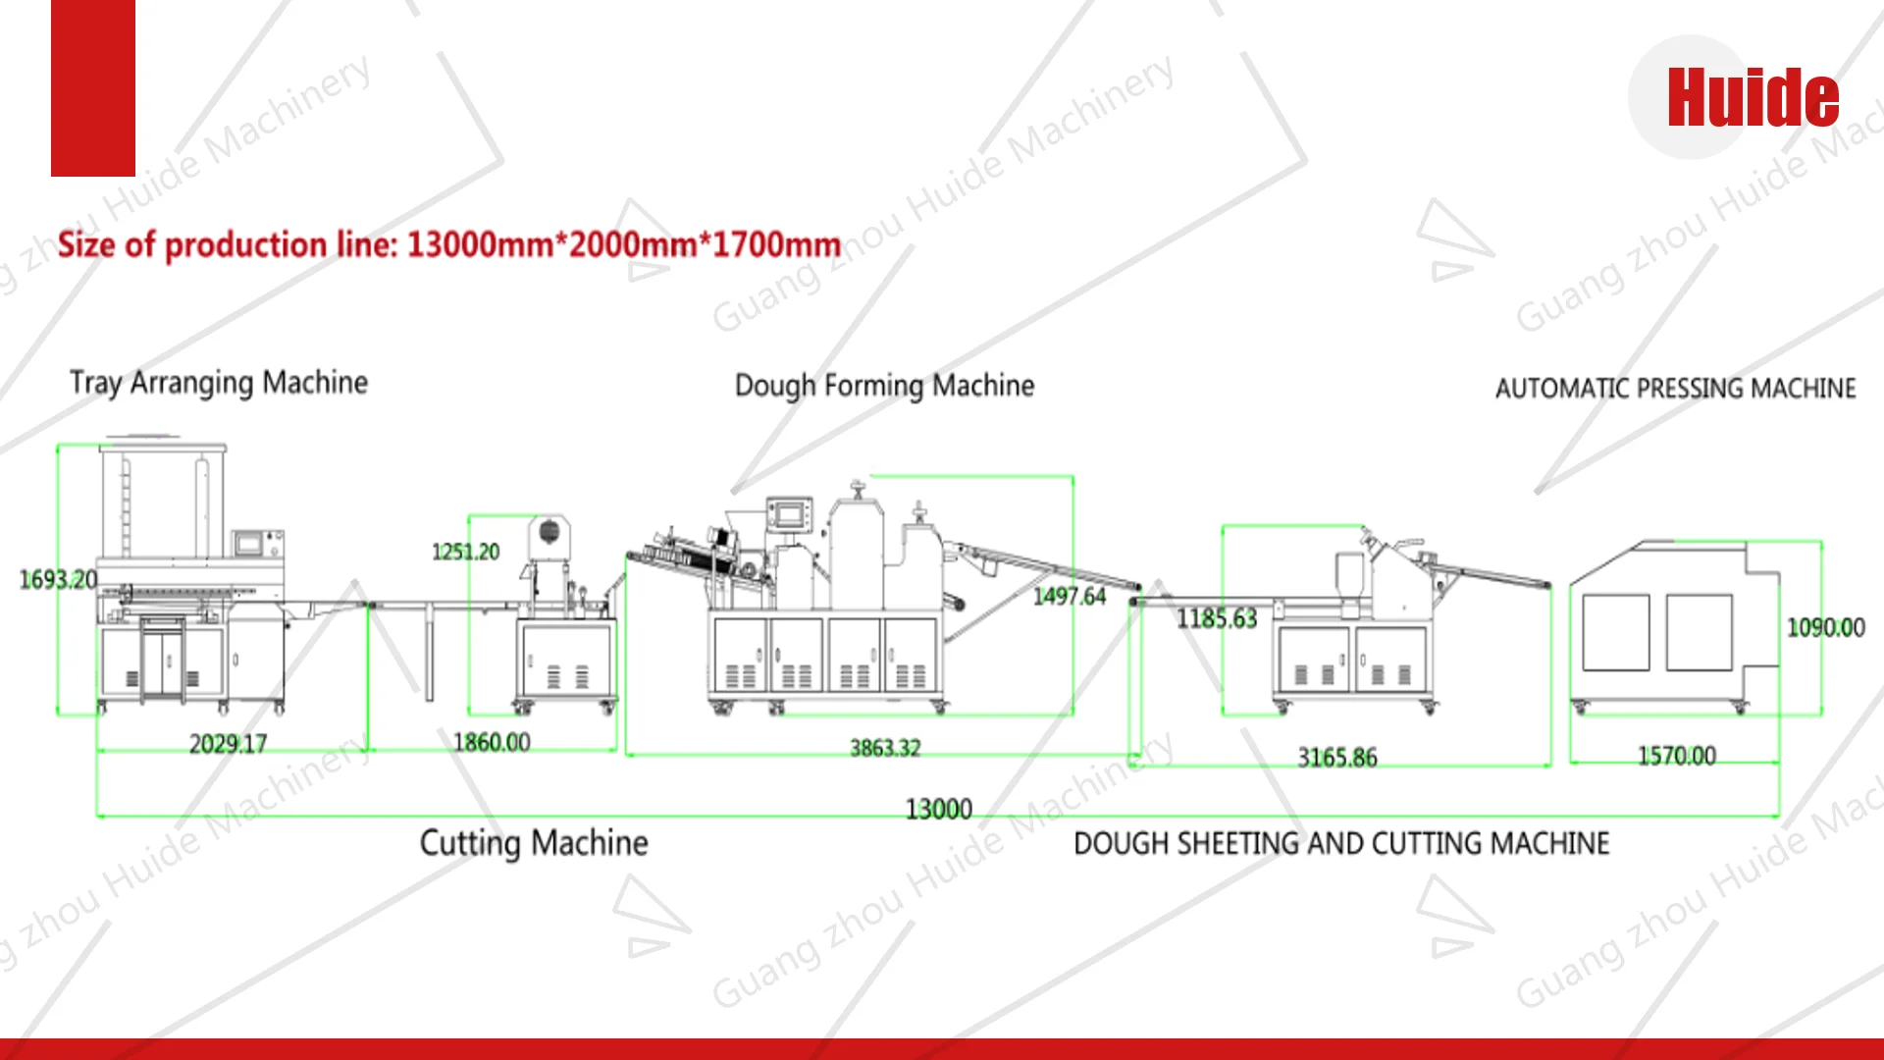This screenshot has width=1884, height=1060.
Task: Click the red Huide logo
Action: click(1753, 97)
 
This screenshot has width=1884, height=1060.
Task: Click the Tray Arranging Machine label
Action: click(219, 383)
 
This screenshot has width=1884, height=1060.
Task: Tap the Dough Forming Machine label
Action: click(884, 386)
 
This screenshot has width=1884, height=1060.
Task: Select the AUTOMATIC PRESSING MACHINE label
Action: click(1675, 389)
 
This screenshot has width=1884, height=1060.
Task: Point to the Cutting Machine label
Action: click(534, 843)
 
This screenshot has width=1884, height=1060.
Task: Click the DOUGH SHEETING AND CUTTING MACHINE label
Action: click(1341, 843)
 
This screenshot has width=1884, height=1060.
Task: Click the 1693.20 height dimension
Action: click(58, 580)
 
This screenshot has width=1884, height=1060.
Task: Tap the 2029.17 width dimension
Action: click(228, 744)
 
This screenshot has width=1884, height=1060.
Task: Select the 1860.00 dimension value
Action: click(492, 742)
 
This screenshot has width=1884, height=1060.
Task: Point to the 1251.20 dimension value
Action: click(465, 552)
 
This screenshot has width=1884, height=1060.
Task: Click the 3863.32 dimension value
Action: click(885, 748)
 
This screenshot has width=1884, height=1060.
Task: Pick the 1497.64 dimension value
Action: click(1069, 596)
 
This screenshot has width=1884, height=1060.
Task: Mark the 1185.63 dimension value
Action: click(1217, 618)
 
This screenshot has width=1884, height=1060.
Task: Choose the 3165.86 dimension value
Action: click(1337, 758)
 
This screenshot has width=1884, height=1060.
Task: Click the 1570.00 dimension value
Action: click(1676, 756)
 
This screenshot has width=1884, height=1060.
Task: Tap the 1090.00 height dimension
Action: click(1825, 627)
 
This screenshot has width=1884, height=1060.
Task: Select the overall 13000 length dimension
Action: click(938, 809)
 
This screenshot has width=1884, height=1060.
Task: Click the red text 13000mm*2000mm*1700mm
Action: click(624, 244)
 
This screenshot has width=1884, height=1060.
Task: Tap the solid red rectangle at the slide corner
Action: click(93, 88)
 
